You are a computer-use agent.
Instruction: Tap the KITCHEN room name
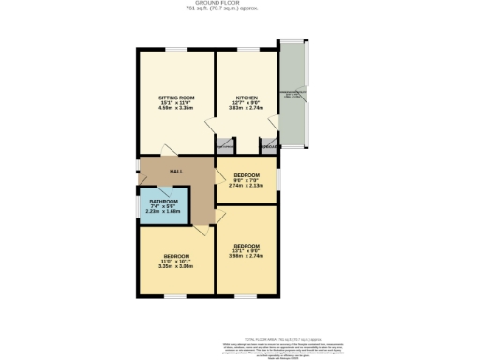pyautogui.click(x=247, y=97)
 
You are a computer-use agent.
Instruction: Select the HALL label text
pyautogui.click(x=175, y=172)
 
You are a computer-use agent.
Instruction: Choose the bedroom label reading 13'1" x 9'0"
pyautogui.click(x=247, y=246)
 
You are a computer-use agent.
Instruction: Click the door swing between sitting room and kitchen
pyautogui.click(x=224, y=145)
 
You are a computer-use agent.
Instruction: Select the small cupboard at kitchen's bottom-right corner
pyautogui.click(x=268, y=145)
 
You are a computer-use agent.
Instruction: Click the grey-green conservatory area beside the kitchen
pyautogui.click(x=292, y=94)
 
